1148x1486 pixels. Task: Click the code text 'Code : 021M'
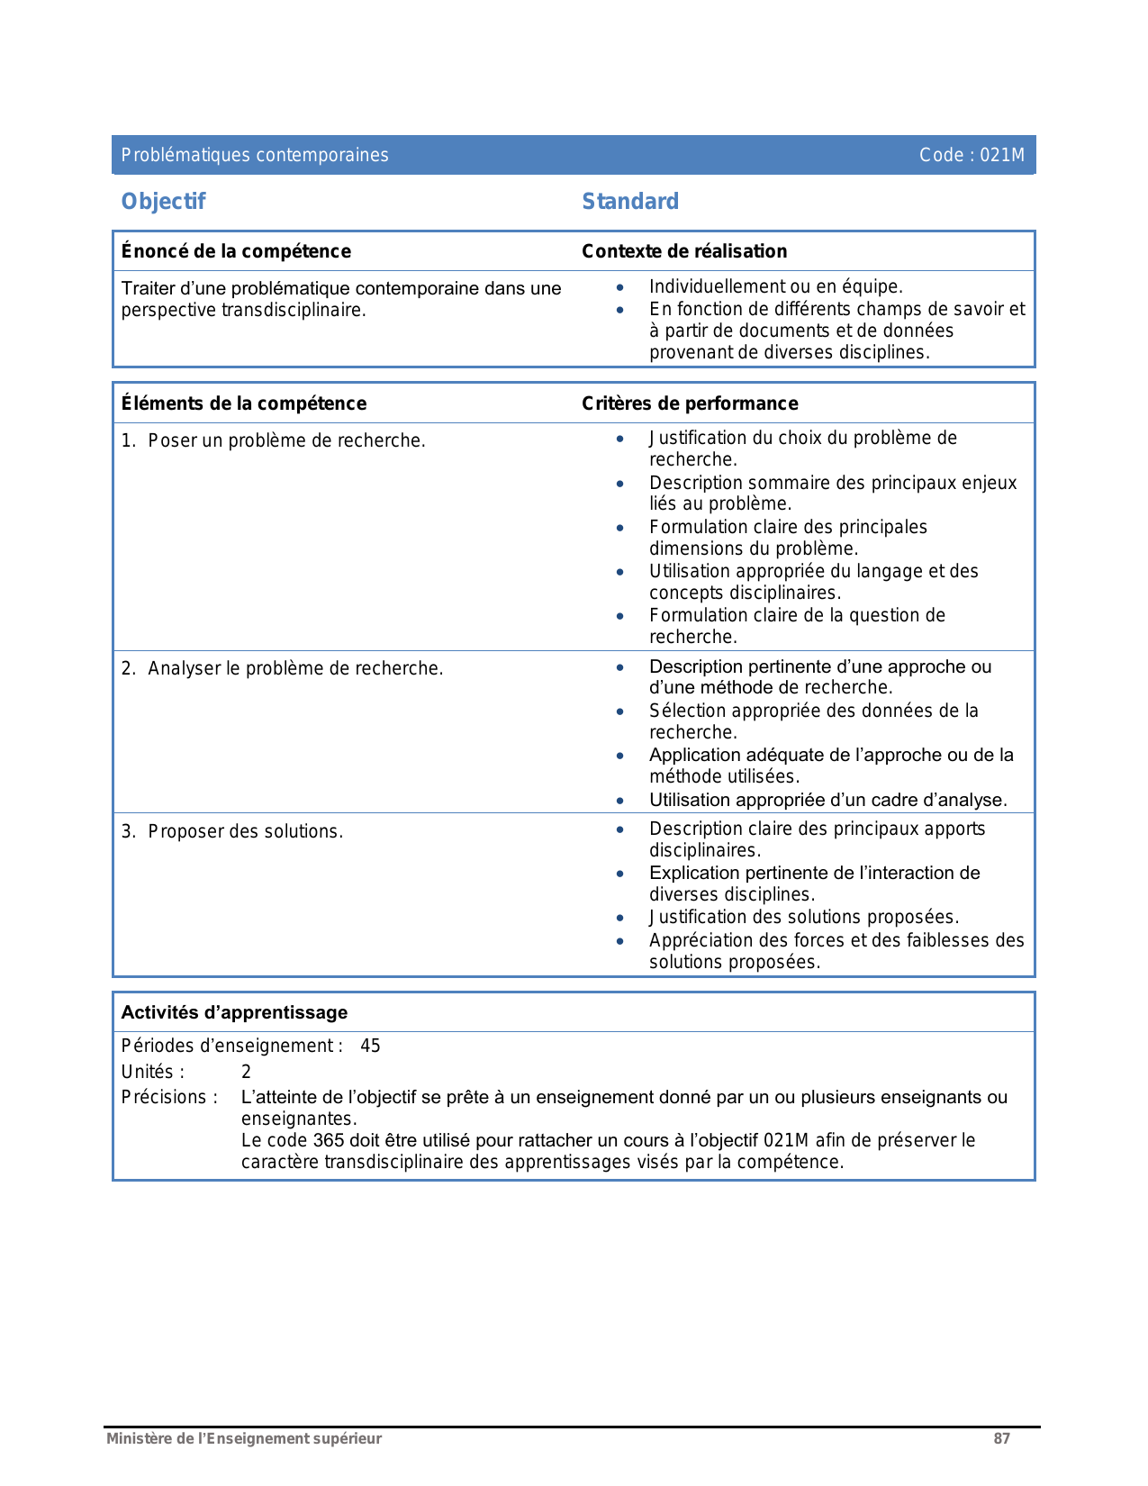coord(972,155)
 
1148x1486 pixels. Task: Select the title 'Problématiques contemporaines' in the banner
coord(255,155)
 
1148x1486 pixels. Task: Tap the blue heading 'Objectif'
coord(163,202)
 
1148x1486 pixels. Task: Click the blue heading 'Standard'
coord(630,202)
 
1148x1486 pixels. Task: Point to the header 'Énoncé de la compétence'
coord(236,251)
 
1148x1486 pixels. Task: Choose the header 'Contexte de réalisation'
coord(684,251)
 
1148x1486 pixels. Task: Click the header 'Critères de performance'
coord(690,403)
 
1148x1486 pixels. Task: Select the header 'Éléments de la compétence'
coord(244,403)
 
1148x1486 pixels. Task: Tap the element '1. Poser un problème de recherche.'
coord(274,440)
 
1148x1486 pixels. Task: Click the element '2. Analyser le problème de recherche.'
coord(283,668)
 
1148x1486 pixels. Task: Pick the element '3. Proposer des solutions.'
coord(232,831)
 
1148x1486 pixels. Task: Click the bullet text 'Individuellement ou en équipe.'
coord(775,286)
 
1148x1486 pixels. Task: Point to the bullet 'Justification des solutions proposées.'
coord(804,917)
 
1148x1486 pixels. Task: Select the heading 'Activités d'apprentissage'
coord(234,1012)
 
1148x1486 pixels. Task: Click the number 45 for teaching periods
coord(370,1046)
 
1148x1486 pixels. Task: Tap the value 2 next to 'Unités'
coord(246,1072)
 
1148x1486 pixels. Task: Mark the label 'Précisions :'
coord(169,1097)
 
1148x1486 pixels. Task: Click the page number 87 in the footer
coord(1001,1438)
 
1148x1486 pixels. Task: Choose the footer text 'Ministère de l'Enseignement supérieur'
coord(244,1438)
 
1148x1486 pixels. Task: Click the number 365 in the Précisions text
coord(329,1140)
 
